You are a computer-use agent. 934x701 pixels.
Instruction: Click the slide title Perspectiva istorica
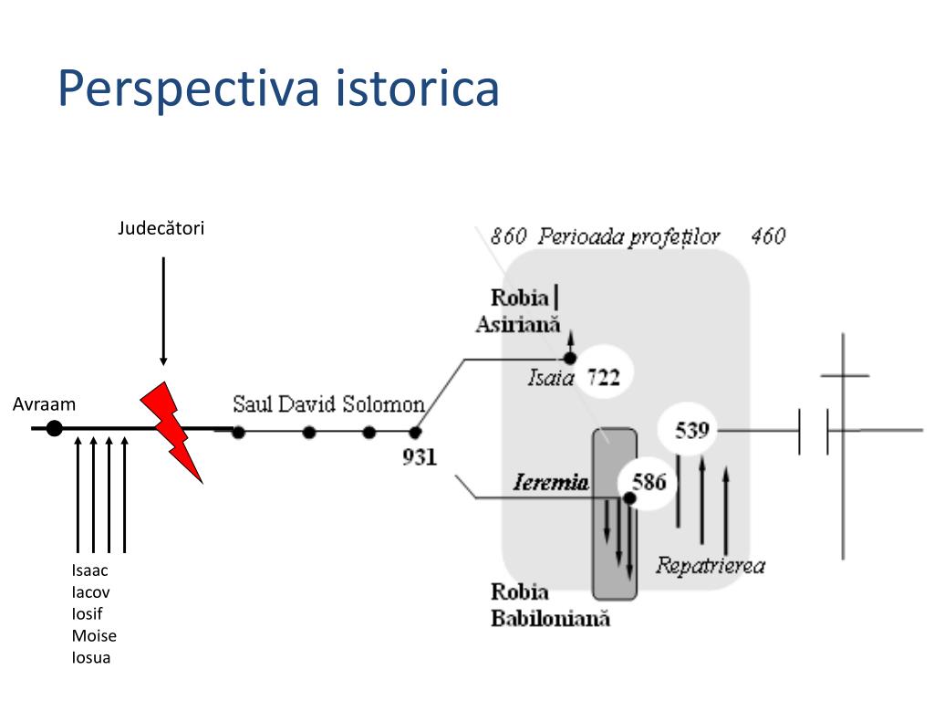coord(278,88)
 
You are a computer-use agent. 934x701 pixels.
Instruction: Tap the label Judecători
coord(161,228)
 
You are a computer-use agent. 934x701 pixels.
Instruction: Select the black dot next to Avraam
coord(55,427)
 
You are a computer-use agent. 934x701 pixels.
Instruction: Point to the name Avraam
coord(44,403)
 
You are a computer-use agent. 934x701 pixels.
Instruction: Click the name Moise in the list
coord(94,635)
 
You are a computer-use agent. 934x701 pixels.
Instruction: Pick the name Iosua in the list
coord(91,657)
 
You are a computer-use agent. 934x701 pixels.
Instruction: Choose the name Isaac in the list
coord(90,570)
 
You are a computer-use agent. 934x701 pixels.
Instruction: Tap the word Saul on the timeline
coord(253,404)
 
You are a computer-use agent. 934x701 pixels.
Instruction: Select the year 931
coord(420,457)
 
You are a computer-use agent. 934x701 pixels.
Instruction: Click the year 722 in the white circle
coord(603,376)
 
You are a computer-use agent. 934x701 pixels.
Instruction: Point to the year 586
coord(649,482)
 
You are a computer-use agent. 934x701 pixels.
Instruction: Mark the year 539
coord(692,429)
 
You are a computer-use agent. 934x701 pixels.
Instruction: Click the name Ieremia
coord(550,483)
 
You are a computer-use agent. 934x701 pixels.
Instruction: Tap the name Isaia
coord(551,377)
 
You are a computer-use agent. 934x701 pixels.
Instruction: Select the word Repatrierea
coord(710,565)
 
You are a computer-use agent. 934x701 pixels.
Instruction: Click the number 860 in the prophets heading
coord(508,236)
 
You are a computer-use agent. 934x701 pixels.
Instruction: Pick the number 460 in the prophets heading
coord(768,236)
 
